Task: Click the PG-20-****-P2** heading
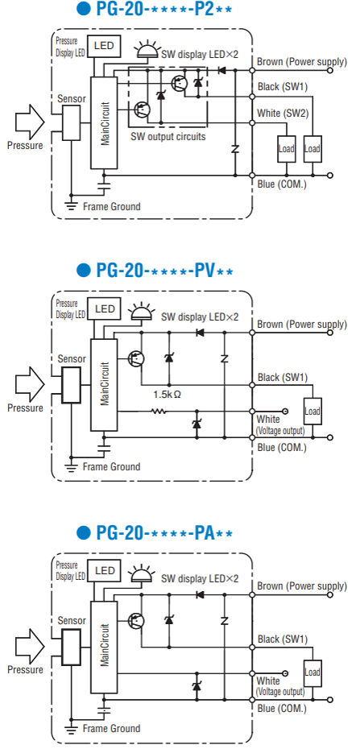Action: point(154,10)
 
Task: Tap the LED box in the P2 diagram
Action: point(104,47)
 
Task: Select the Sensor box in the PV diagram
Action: point(71,384)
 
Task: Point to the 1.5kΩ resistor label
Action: point(167,395)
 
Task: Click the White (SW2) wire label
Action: point(283,114)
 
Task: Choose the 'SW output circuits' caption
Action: point(168,137)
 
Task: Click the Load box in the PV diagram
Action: point(312,411)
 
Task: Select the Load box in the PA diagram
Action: point(312,672)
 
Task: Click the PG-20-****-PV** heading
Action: point(155,271)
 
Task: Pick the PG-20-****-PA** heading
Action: point(155,532)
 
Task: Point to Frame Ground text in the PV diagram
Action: point(112,466)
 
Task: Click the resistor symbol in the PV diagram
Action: point(159,411)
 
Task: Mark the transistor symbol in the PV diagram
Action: point(136,358)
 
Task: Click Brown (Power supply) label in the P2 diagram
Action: point(301,61)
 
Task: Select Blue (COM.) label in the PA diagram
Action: point(281,709)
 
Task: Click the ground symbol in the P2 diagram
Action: point(71,206)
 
